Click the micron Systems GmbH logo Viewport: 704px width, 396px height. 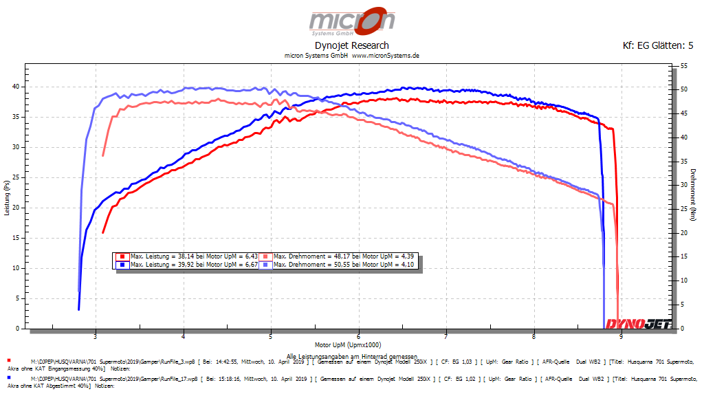(x=351, y=21)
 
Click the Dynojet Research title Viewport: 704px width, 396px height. (x=351, y=45)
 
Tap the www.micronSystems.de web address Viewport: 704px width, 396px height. (x=386, y=55)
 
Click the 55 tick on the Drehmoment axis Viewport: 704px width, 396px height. (x=684, y=65)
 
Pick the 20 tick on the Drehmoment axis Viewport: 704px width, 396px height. (x=684, y=232)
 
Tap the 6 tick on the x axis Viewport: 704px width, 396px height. (x=359, y=336)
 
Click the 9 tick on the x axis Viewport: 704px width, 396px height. (x=621, y=336)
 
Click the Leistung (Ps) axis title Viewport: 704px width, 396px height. (x=6, y=197)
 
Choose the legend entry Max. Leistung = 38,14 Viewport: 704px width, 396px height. (x=187, y=256)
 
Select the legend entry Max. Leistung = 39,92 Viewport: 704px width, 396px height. (x=187, y=264)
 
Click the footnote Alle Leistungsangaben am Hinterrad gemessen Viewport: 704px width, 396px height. (x=351, y=355)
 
